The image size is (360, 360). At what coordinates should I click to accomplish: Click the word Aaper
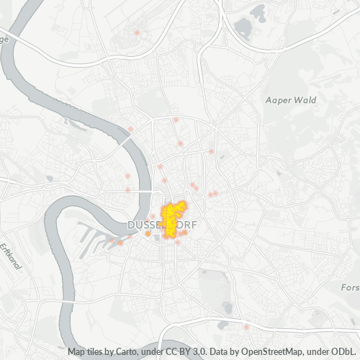coord(277,100)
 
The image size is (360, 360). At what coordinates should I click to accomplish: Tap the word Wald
coord(305,100)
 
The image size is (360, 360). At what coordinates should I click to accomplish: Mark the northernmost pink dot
coord(137,32)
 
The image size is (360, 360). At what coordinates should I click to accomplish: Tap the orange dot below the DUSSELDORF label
coord(148,234)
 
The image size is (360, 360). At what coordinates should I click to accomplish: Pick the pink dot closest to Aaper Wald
coord(212,151)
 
